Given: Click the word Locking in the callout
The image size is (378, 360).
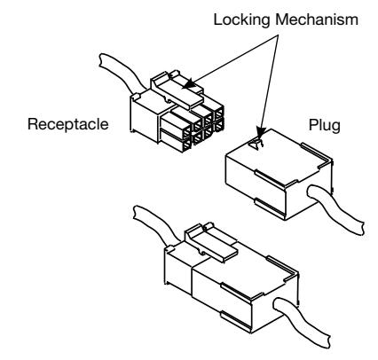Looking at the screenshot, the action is click(x=241, y=20).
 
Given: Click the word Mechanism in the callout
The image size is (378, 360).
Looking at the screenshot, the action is click(x=317, y=20).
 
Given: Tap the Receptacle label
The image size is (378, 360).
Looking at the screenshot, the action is click(x=68, y=124).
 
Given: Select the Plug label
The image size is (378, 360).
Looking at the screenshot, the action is click(x=325, y=125).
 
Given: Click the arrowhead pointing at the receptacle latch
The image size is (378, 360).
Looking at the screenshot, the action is click(x=189, y=84).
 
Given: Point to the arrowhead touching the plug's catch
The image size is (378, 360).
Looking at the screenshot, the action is click(x=261, y=132).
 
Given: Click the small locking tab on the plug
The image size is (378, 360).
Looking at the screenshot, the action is click(x=256, y=145).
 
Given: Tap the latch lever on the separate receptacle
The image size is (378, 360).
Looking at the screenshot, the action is click(x=177, y=90).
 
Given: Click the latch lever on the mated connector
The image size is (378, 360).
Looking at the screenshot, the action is click(x=211, y=241).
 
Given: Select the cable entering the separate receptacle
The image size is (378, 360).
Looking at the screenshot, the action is click(x=122, y=71).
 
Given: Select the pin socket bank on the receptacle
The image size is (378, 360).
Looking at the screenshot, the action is click(x=193, y=127).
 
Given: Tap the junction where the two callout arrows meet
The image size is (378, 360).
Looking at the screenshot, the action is click(x=278, y=35).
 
